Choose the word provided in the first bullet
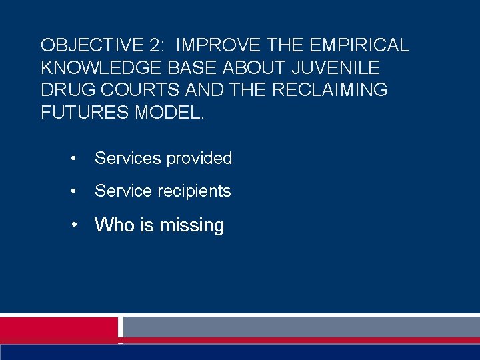[x=199, y=159]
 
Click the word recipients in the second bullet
[x=194, y=191]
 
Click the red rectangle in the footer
[x=58, y=327]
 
